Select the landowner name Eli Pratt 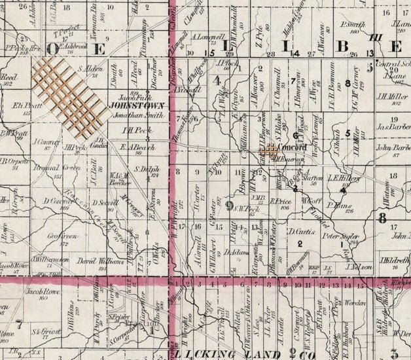22,105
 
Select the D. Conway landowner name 55,202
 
